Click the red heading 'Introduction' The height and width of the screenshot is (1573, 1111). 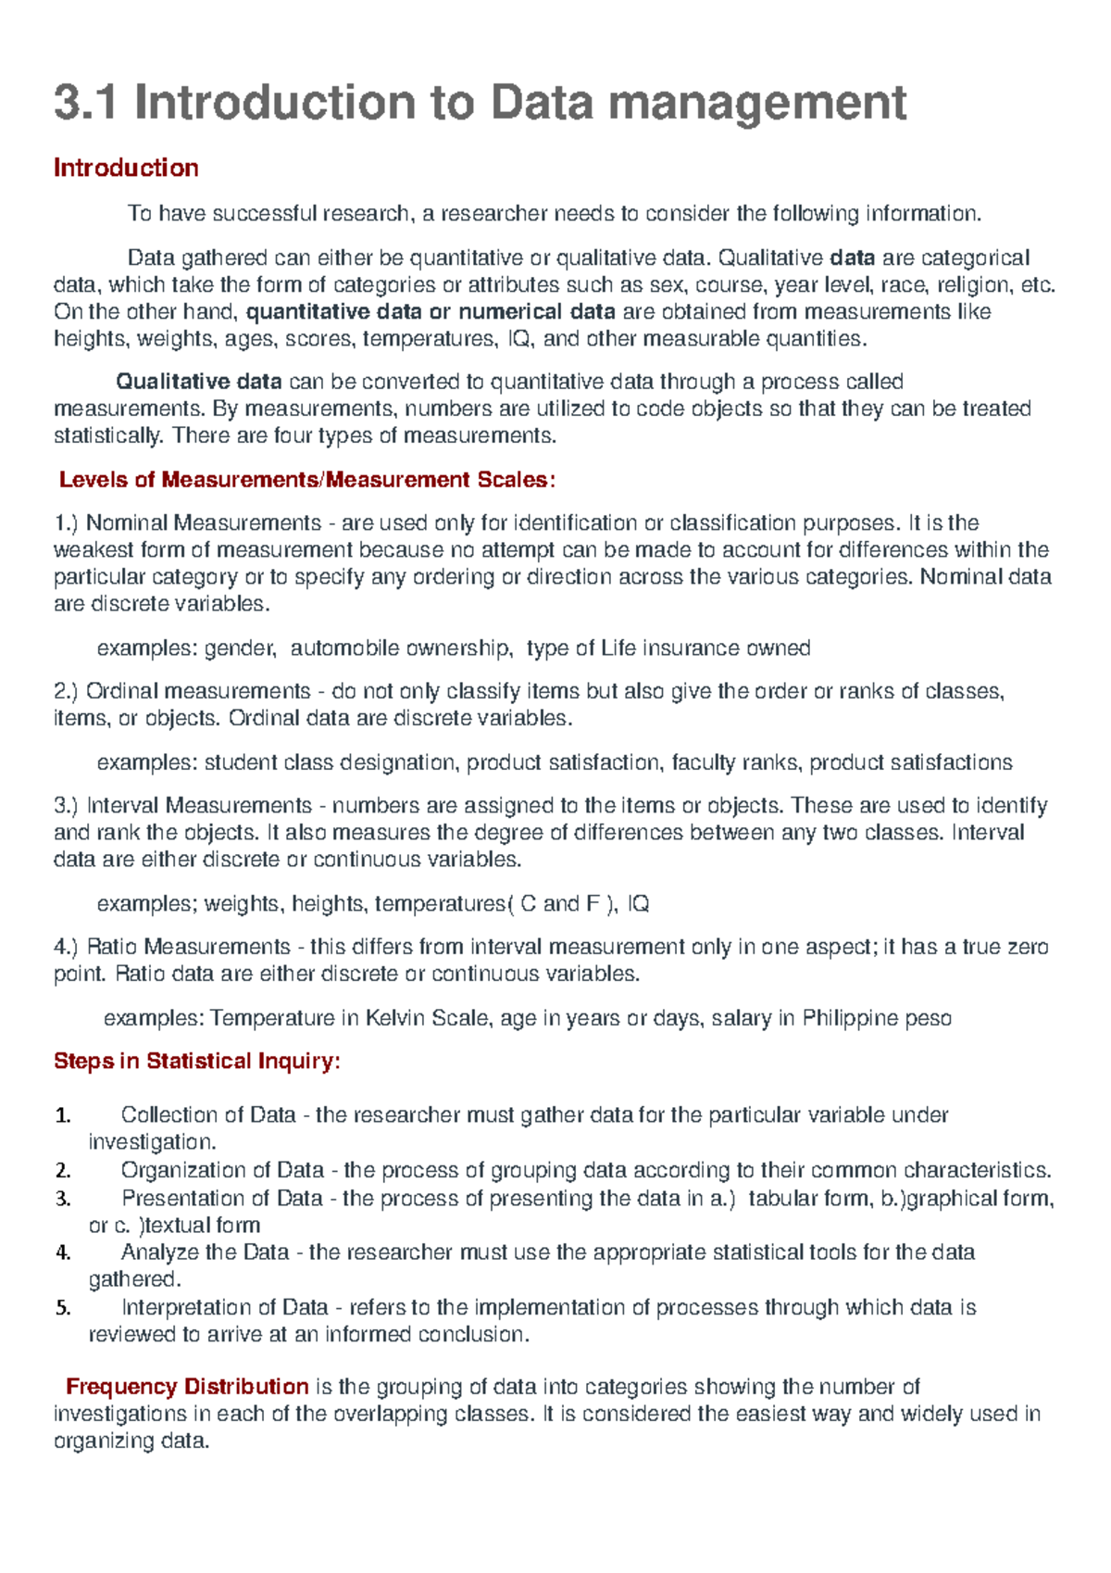[126, 168]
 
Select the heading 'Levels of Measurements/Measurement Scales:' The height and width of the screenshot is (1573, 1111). [306, 480]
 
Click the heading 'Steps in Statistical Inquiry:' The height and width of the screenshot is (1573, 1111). [196, 1061]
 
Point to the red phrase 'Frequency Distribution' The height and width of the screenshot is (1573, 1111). [187, 1387]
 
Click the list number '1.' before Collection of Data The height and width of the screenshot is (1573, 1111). [63, 1115]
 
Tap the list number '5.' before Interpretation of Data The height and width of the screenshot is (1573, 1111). [63, 1308]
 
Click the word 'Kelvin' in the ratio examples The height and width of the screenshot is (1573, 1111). [395, 1018]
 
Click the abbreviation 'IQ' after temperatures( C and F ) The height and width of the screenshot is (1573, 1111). [638, 903]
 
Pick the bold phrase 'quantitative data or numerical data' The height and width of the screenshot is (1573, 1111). [431, 311]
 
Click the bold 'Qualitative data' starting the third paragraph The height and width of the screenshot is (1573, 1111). [198, 382]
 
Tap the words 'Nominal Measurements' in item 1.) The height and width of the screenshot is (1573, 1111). [204, 523]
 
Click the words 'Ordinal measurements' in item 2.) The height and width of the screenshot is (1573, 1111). [198, 691]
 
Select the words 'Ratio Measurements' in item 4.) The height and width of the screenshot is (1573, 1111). [189, 947]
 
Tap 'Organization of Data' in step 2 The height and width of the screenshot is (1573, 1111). [222, 1170]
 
